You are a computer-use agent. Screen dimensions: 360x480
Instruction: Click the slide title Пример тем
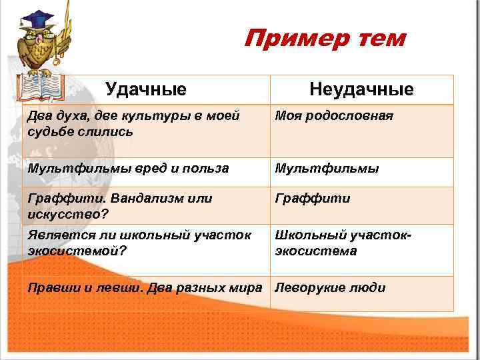[324, 39]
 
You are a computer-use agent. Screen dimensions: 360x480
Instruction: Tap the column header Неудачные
[361, 89]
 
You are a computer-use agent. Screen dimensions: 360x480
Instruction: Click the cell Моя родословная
[325, 116]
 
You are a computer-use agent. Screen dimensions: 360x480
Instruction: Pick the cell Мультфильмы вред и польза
[128, 169]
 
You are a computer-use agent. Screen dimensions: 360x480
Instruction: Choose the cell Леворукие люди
[330, 288]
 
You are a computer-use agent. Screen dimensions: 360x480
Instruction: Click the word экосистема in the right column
[315, 251]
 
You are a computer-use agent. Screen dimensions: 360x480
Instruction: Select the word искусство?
[68, 214]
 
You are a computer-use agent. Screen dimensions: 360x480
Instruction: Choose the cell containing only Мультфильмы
[327, 169]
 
